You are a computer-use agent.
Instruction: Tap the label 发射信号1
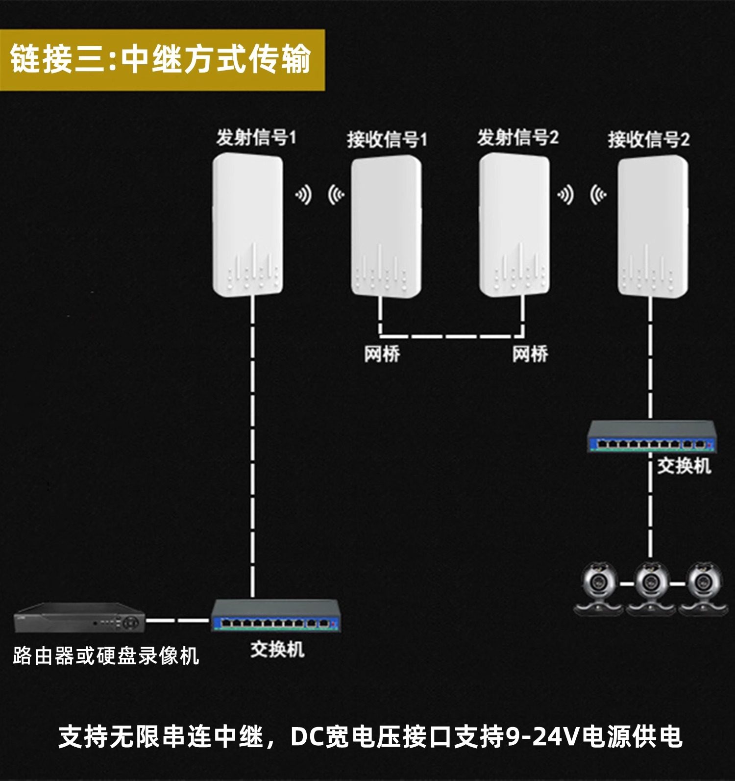click(x=256, y=138)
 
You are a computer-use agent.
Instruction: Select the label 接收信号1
click(x=387, y=140)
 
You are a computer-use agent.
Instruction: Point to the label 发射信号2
click(x=518, y=138)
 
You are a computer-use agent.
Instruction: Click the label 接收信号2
click(x=649, y=140)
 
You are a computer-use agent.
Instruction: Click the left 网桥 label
click(x=382, y=354)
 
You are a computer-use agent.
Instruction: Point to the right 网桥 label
click(x=530, y=354)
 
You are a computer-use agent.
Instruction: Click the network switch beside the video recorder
click(x=275, y=616)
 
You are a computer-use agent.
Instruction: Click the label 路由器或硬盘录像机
click(x=106, y=656)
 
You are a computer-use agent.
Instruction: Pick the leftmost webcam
click(x=599, y=588)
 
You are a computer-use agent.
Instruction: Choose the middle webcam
click(x=651, y=588)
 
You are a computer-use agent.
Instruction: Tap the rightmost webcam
click(x=703, y=588)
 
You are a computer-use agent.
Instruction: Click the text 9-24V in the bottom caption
click(x=542, y=737)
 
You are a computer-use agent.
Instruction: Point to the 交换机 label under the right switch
click(x=684, y=466)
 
